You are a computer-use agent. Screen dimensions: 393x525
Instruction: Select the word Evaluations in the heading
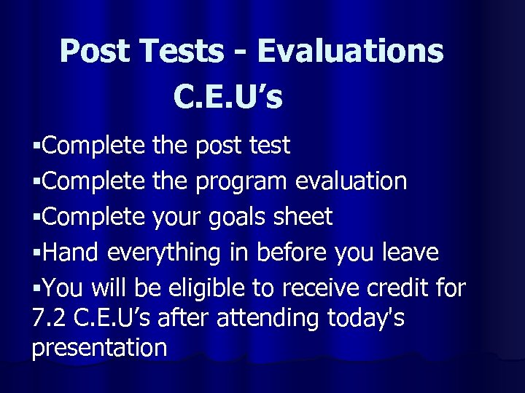(x=350, y=52)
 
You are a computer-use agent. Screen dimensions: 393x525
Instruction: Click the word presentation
(x=99, y=348)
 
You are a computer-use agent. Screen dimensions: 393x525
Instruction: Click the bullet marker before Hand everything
(x=36, y=254)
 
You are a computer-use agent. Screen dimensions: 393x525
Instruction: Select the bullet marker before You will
(x=36, y=290)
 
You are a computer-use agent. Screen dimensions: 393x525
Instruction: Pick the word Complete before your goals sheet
(x=94, y=218)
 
